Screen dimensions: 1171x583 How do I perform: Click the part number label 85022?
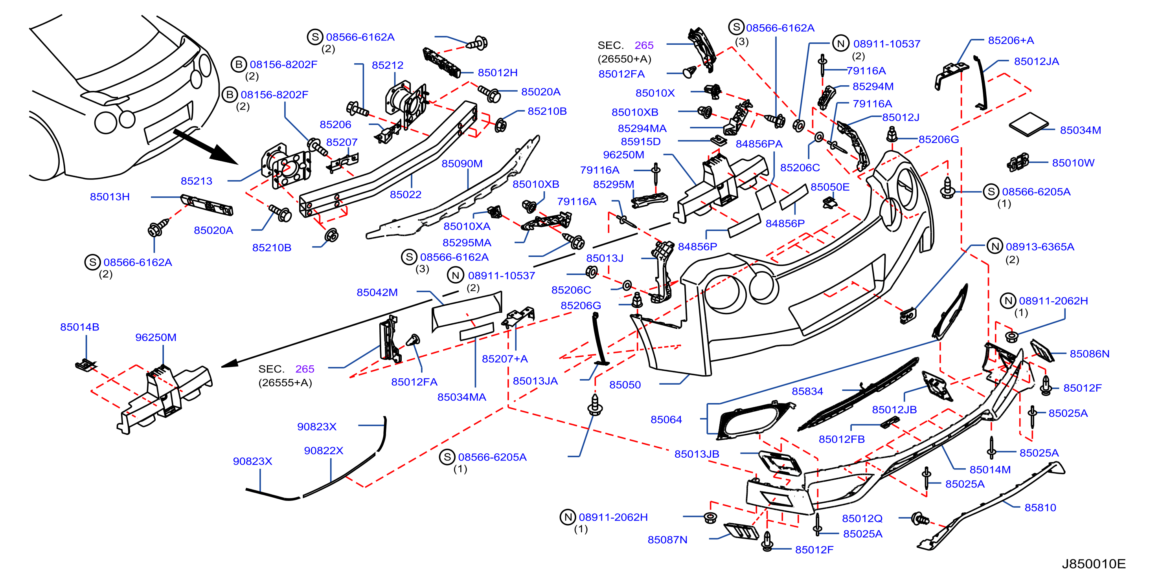[406, 194]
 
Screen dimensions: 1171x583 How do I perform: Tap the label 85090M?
[462, 163]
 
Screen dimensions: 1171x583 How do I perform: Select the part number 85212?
[387, 65]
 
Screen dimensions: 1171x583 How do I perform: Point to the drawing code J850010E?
[1094, 564]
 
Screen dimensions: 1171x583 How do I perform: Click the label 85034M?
[1081, 130]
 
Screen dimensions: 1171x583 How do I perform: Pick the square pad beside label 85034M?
[1029, 124]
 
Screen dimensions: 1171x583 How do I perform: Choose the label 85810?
[1040, 508]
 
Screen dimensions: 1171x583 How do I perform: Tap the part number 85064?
[666, 420]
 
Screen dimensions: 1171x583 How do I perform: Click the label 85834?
[807, 391]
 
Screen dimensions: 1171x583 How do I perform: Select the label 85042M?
[377, 292]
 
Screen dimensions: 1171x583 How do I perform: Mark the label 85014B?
[79, 327]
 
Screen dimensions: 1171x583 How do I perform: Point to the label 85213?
[197, 181]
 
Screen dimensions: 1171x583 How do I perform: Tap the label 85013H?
[110, 197]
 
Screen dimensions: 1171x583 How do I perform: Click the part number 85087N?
[667, 540]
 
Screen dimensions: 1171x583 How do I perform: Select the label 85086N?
[1090, 354]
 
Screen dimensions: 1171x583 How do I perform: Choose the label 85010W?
[1073, 163]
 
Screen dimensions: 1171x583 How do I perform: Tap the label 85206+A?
[1011, 40]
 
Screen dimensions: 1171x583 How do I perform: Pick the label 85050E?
[830, 187]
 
